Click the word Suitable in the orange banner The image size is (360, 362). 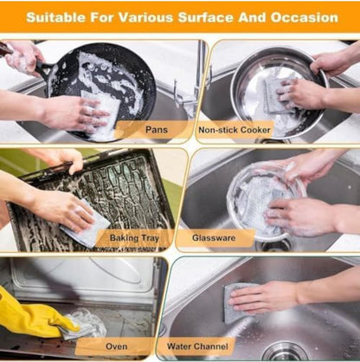[56, 17]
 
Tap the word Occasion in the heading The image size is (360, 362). [305, 17]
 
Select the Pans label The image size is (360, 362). [157, 130]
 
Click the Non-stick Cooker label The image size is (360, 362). [235, 130]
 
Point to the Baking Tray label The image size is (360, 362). [134, 238]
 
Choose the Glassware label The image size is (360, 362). [214, 238]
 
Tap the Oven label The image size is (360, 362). [117, 346]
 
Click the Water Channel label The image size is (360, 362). [197, 346]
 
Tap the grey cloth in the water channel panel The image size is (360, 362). [236, 303]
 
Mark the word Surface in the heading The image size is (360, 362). [206, 17]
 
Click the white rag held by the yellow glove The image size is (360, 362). [85, 323]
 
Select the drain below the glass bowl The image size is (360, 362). [274, 246]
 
